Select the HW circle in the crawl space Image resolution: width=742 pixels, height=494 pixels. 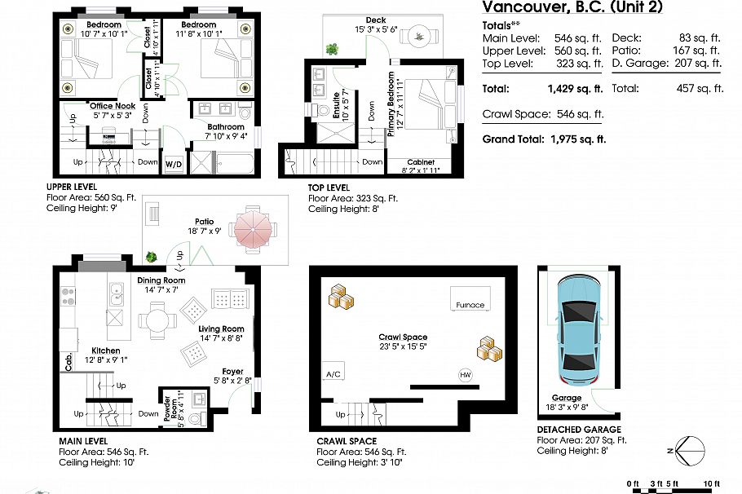click(x=466, y=375)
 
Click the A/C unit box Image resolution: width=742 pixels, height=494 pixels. click(x=333, y=373)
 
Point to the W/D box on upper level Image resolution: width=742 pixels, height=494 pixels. click(x=174, y=164)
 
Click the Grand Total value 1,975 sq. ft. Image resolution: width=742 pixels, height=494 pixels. click(x=574, y=139)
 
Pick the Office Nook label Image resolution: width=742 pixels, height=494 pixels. click(x=113, y=105)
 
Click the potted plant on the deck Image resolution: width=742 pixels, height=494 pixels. click(x=332, y=49)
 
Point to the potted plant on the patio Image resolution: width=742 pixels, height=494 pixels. click(x=152, y=258)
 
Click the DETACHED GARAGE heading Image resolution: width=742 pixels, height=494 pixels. click(x=578, y=429)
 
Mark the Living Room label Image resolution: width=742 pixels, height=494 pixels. click(x=221, y=329)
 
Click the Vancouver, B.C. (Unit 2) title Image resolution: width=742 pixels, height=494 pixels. click(x=572, y=8)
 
